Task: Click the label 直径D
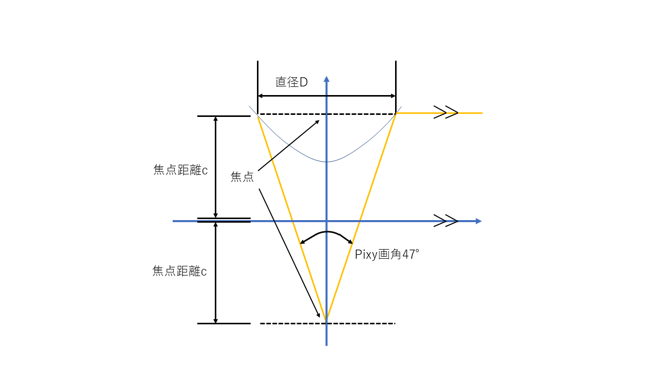(291, 82)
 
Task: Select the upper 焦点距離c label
(180, 170)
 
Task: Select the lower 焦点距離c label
(180, 271)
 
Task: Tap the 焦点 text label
(242, 177)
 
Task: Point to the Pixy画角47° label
(387, 255)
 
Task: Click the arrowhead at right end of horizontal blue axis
(478, 221)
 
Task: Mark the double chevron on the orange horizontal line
(446, 113)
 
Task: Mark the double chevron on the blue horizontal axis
(446, 221)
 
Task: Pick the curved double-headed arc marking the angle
(327, 233)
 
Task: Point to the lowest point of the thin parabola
(327, 162)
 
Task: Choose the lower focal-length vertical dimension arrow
(215, 272)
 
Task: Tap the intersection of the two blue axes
(327, 221)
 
